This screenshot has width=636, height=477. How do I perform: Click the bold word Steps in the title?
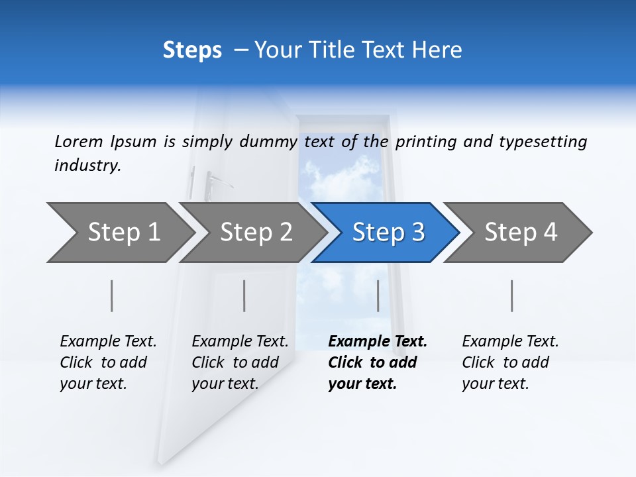[x=192, y=50]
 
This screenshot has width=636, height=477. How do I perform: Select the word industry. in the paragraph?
[x=87, y=166]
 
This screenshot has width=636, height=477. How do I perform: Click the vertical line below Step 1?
[x=112, y=295]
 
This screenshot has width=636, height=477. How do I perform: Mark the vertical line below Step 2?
[x=244, y=295]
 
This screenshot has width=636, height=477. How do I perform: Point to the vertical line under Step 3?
[x=378, y=295]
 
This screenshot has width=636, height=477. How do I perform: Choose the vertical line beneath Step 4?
[x=512, y=295]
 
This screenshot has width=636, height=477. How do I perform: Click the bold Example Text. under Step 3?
[x=378, y=341]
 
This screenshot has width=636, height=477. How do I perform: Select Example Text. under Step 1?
[x=108, y=341]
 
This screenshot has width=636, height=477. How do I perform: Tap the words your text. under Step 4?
[x=495, y=384]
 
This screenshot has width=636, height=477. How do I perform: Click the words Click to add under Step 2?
[x=235, y=362]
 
